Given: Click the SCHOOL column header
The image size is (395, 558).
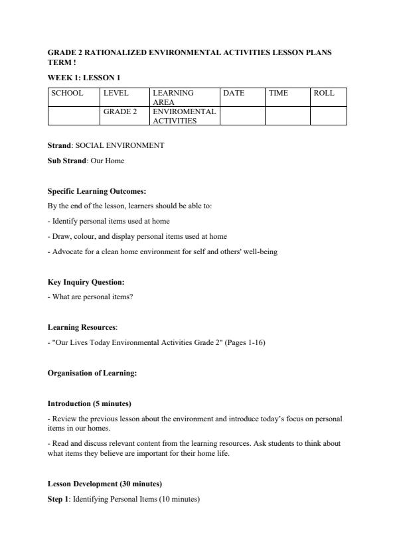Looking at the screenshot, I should coord(67,94).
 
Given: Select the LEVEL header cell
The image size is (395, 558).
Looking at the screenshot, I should coord(116,94).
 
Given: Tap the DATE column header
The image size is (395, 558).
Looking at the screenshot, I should coord(234,94).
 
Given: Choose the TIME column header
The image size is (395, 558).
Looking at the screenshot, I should coord(278,94).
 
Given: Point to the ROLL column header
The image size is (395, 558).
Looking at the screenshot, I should coord(323,94).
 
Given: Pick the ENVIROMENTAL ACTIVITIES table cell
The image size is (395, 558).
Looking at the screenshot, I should coord(184,116).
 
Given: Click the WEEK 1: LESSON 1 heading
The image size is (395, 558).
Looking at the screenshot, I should coord(84,78).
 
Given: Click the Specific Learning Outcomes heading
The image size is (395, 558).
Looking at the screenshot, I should coord(97,191).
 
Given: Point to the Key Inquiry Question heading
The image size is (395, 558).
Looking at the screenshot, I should coord(86,282).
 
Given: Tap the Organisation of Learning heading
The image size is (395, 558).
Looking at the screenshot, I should coord(92,373).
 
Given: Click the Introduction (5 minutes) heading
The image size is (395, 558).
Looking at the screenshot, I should coord(89,403).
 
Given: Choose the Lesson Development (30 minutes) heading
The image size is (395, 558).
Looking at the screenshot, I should coord(105,484).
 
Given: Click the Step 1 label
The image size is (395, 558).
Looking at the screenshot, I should coord(58,498).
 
